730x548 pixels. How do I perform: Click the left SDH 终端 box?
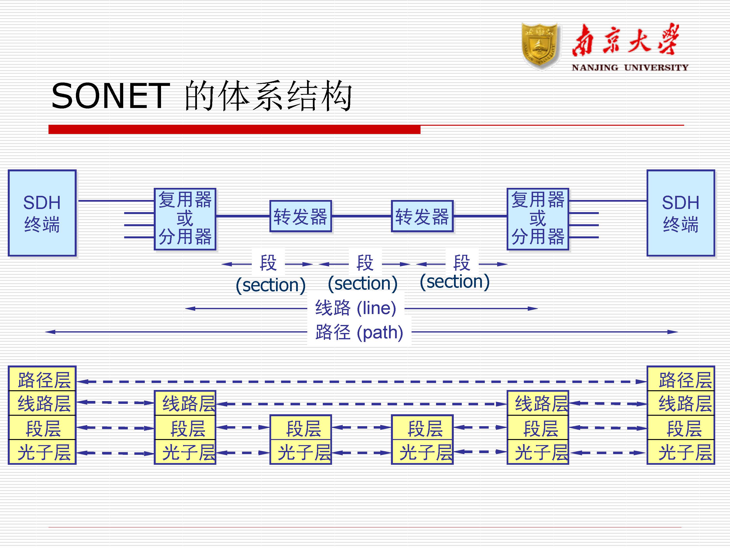click(x=42, y=213)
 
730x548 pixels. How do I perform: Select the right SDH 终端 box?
click(x=681, y=213)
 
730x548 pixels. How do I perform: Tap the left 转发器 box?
click(x=300, y=216)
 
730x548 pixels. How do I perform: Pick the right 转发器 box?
click(x=422, y=216)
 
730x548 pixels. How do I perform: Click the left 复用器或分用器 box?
click(x=185, y=219)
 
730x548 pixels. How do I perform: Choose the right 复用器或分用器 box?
click(x=538, y=219)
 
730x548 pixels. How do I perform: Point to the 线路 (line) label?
click(x=356, y=308)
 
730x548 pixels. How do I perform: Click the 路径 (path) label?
click(x=359, y=332)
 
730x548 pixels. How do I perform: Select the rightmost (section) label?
click(x=454, y=282)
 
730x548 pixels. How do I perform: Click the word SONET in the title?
click(x=111, y=96)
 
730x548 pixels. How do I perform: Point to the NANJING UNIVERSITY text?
click(x=630, y=68)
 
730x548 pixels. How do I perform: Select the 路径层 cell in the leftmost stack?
click(x=42, y=379)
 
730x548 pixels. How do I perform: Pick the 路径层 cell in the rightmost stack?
click(x=681, y=379)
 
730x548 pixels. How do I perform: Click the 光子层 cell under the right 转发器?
click(x=422, y=452)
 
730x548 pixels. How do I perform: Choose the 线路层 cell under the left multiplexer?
click(x=185, y=403)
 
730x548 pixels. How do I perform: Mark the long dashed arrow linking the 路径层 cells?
click(x=361, y=382)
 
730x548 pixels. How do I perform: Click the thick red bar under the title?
click(x=234, y=129)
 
